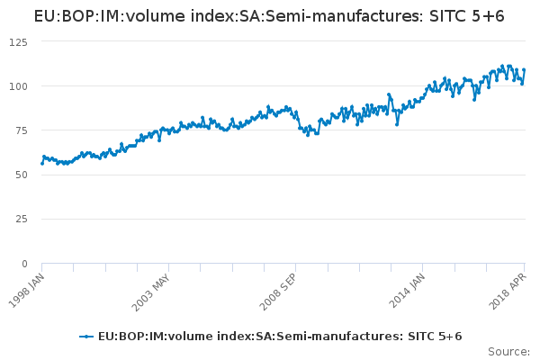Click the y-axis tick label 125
(x=17, y=41)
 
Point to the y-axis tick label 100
(x=17, y=86)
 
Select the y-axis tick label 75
(x=20, y=130)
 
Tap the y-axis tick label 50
(x=20, y=175)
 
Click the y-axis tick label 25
(x=20, y=220)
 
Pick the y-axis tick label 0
(x=23, y=264)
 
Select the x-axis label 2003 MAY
(x=149, y=290)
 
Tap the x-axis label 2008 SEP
(x=276, y=290)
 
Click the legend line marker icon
(x=86, y=337)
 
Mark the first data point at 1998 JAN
(x=42, y=163)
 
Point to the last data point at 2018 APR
(x=524, y=70)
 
